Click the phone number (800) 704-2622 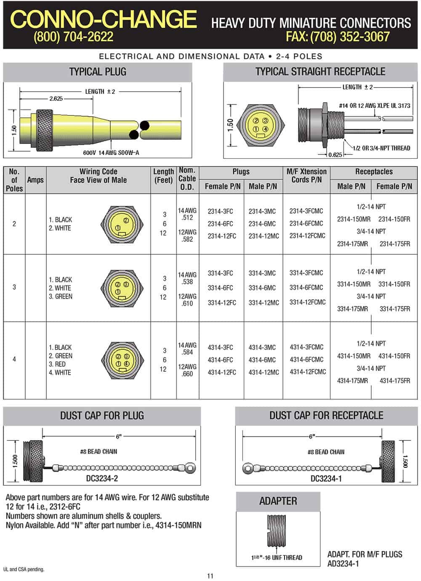[x=73, y=37]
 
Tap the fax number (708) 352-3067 [x=338, y=37]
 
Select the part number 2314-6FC [x=220, y=224]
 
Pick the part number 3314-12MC [x=264, y=302]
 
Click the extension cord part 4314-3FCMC [x=306, y=347]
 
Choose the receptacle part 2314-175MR [x=352, y=244]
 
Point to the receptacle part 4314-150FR [x=394, y=356]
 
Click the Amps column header [x=35, y=180]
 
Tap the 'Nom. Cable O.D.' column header [x=187, y=179]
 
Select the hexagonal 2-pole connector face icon [x=123, y=224]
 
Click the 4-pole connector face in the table [x=123, y=360]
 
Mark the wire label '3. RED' [x=57, y=364]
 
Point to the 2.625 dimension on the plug [x=56, y=99]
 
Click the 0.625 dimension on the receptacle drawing [x=335, y=155]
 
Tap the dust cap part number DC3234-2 [x=102, y=478]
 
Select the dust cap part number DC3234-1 [x=326, y=478]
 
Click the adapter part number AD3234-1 [x=343, y=564]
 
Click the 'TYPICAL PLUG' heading [x=98, y=72]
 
